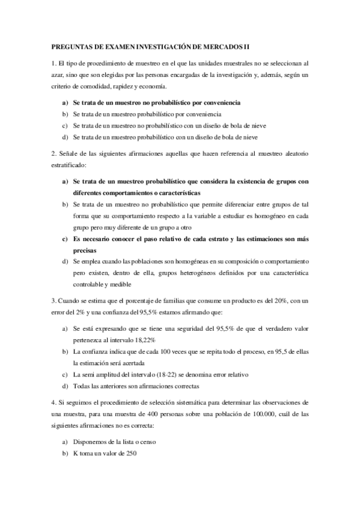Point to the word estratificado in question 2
[69, 164]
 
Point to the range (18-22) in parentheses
[167, 374]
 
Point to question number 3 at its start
[54, 301]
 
